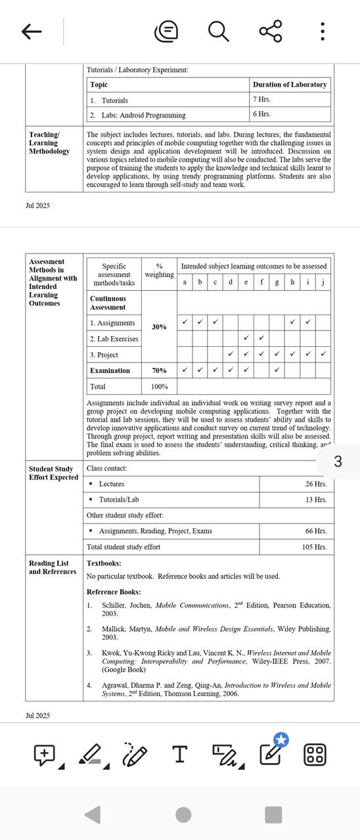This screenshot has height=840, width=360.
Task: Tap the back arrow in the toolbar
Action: (x=32, y=31)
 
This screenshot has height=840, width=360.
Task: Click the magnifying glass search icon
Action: (x=218, y=31)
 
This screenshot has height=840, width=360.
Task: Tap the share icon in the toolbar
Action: (x=270, y=31)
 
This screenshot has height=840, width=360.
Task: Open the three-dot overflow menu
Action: (x=322, y=31)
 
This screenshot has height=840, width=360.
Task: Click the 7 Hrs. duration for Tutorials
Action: (x=261, y=100)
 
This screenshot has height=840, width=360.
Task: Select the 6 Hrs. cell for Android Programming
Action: (x=261, y=114)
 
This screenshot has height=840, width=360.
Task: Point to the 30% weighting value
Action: (x=159, y=326)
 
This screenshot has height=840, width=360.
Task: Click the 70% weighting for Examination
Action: (x=159, y=370)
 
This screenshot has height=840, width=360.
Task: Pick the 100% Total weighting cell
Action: (x=159, y=387)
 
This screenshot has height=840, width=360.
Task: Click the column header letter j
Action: (x=323, y=282)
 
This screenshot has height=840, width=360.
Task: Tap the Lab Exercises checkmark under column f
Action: (x=261, y=338)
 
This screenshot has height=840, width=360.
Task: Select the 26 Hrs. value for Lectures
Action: (x=316, y=484)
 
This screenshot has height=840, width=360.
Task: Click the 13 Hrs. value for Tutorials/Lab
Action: (x=316, y=500)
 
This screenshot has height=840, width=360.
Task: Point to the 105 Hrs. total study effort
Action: (x=314, y=547)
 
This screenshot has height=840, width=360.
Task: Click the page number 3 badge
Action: (x=338, y=462)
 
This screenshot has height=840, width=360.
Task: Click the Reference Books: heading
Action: (x=114, y=592)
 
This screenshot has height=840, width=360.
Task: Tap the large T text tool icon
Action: (x=179, y=755)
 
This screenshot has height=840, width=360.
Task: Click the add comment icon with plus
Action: (x=44, y=755)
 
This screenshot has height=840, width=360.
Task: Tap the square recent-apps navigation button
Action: (x=273, y=815)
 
